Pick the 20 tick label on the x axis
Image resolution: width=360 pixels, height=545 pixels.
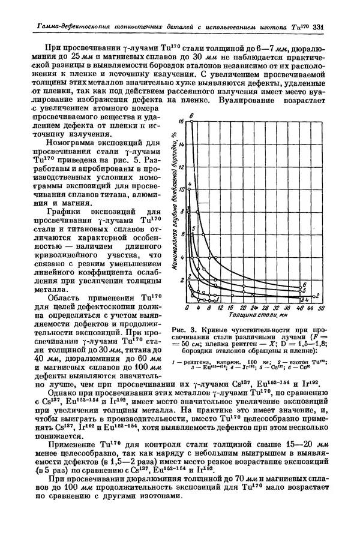pos(230,307)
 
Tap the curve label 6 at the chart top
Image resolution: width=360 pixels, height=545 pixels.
pos(191,115)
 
